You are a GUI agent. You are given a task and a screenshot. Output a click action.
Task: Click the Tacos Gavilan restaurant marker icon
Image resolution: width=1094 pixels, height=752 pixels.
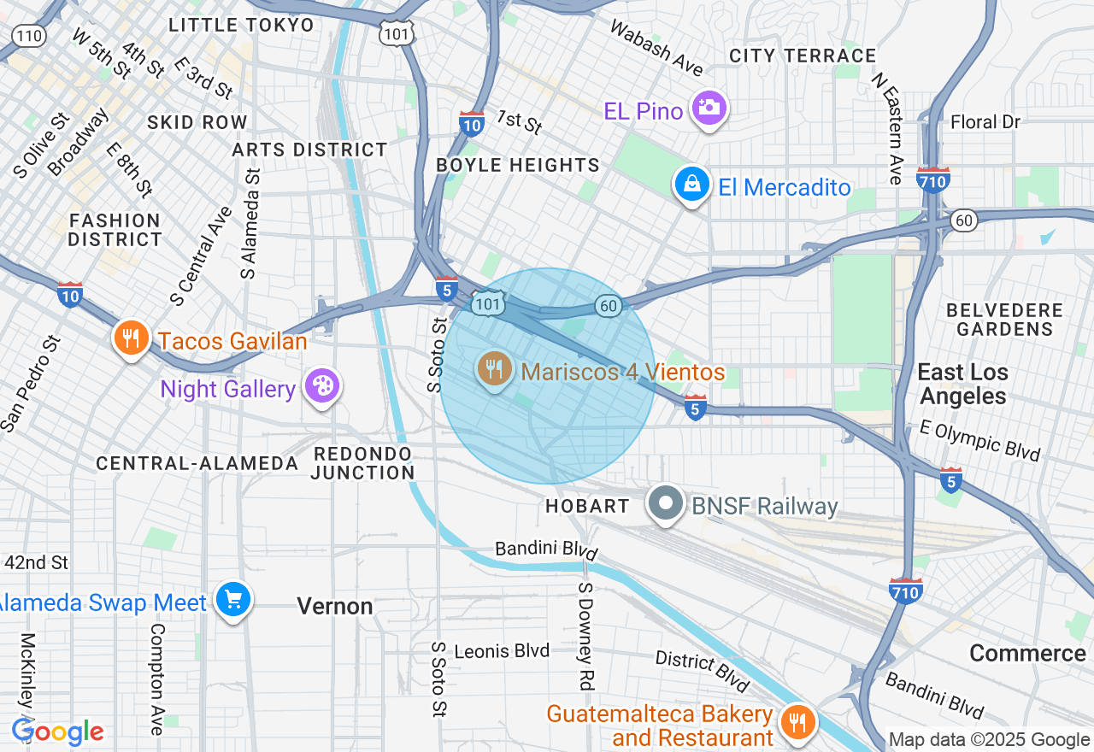tap(130, 339)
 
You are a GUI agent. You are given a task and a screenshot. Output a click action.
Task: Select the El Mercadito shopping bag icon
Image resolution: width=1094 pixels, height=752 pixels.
tap(691, 185)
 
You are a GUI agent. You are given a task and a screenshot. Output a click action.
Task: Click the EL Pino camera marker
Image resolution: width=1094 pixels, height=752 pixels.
tap(709, 109)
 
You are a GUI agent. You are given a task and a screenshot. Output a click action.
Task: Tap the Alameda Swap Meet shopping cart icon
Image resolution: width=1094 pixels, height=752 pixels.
tap(232, 600)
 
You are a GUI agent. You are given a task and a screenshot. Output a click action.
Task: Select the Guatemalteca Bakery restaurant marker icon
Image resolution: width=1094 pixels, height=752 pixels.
tap(797, 720)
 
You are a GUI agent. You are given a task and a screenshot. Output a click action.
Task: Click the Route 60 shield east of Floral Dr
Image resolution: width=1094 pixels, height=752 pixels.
tap(964, 220)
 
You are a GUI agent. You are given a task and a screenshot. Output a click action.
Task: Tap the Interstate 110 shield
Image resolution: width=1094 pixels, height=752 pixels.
tap(30, 35)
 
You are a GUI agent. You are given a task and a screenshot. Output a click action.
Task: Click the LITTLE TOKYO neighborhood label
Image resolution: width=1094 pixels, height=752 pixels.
tap(242, 25)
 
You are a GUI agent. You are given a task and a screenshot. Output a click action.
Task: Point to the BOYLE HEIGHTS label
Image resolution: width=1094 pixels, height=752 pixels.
tap(518, 165)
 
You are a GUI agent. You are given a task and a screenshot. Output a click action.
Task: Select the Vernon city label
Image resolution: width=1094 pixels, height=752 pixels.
tap(335, 607)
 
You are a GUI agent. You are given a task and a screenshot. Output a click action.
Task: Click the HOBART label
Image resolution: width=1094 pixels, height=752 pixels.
tap(588, 506)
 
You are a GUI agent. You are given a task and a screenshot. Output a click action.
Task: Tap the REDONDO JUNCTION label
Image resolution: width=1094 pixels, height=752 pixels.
tap(363, 462)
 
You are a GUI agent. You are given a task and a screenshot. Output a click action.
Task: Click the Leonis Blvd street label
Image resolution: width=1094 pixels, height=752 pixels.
tap(501, 651)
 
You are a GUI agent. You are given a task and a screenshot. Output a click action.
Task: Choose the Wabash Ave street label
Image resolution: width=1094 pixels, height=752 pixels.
tap(656, 47)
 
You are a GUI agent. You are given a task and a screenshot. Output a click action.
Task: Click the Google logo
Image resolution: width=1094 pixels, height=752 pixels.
tap(57, 732)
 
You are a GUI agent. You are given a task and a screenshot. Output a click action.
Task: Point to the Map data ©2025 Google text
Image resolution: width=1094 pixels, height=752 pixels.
tap(989, 740)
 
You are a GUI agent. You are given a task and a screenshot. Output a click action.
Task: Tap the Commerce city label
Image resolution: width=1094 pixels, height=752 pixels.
tap(1027, 654)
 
